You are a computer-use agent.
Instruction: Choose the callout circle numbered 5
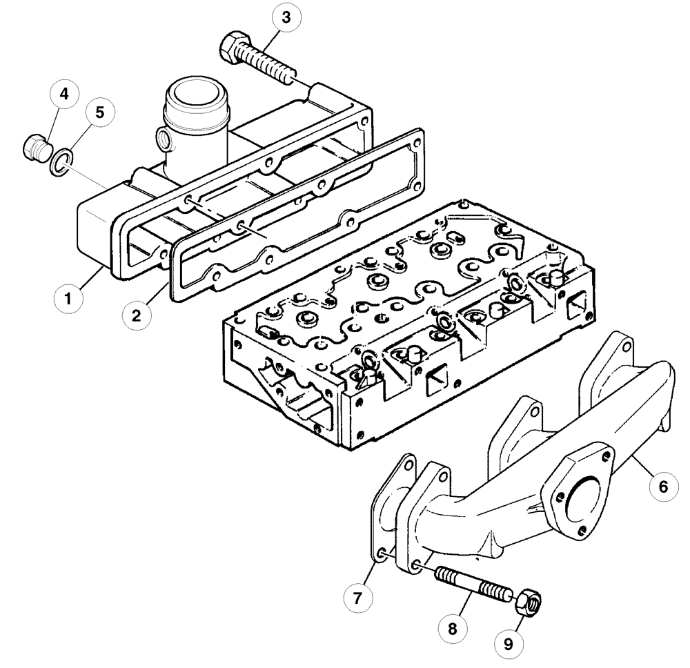point(100,113)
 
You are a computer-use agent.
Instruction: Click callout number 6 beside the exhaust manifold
point(662,487)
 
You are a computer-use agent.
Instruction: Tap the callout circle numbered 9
point(509,645)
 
